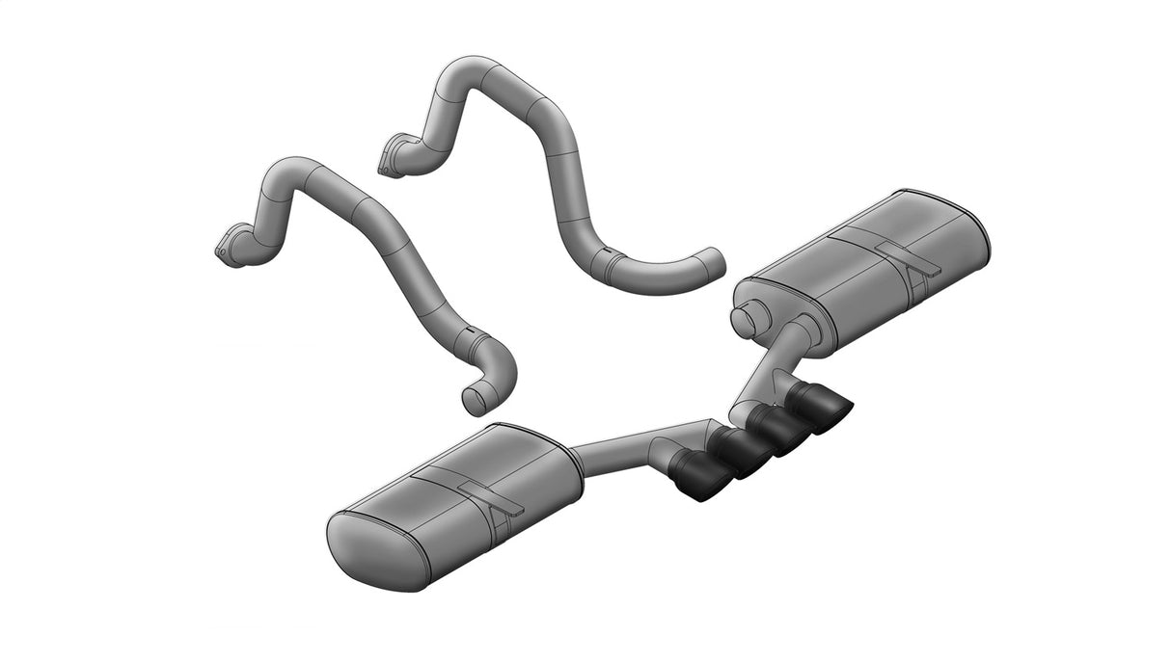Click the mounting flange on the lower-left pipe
(x=228, y=245)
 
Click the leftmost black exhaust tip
(x=701, y=479)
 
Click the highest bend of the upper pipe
(x=473, y=71)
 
